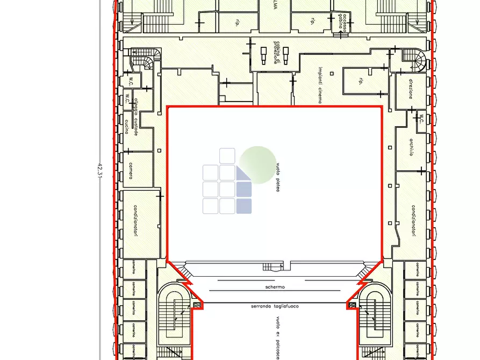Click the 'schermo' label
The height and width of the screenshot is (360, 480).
[275, 287]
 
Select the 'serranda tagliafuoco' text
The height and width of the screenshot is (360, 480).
[275, 306]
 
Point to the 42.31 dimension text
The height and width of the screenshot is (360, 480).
[99, 168]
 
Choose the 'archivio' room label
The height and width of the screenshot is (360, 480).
[411, 147]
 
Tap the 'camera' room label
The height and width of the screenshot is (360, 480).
[131, 171]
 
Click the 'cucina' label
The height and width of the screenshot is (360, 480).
[127, 127]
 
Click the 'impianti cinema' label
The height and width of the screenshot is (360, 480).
[319, 85]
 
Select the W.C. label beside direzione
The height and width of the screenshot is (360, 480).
[421, 118]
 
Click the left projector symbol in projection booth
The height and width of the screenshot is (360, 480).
[263, 55]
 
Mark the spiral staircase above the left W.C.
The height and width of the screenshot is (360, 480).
[148, 59]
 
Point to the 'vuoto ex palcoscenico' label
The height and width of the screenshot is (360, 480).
[278, 337]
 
